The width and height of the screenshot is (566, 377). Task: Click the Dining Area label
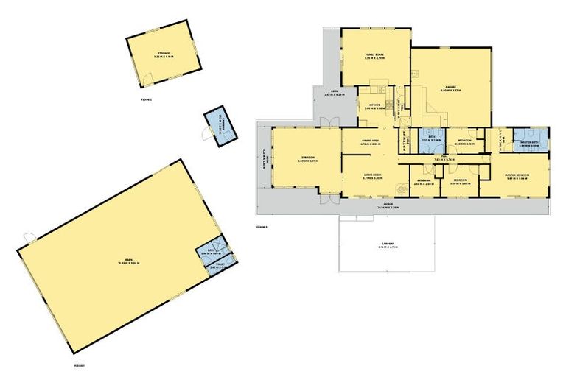pyautogui.click(x=370, y=143)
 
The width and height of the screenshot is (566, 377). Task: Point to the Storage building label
pyautogui.click(x=164, y=54)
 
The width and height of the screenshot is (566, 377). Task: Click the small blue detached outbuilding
pyautogui.click(x=219, y=130)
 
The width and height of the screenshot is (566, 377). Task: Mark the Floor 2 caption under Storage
pyautogui.click(x=146, y=98)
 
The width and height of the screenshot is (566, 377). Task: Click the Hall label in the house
pyautogui.click(x=445, y=158)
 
